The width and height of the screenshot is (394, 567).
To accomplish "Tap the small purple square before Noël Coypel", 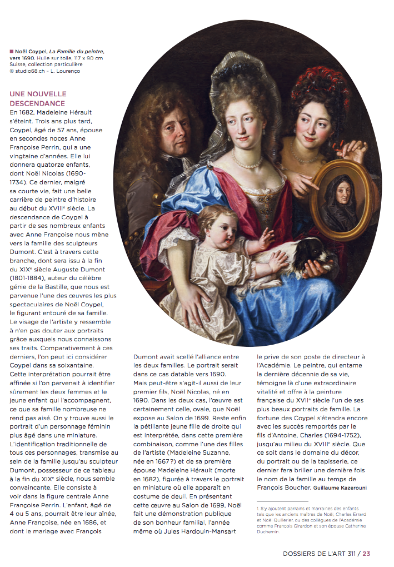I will point(11,52).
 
